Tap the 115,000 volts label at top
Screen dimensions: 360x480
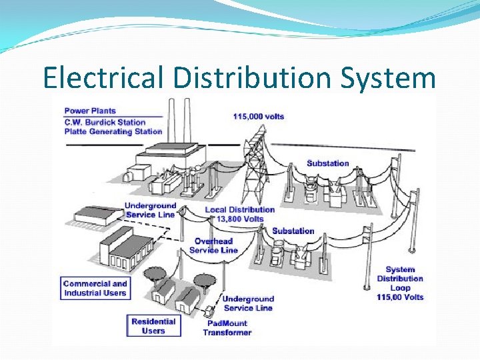click(x=259, y=117)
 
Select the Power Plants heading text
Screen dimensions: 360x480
click(x=90, y=111)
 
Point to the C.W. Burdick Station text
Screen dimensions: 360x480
click(x=105, y=122)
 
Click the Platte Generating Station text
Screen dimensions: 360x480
click(x=113, y=131)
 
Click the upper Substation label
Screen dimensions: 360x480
click(x=327, y=163)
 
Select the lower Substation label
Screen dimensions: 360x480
click(x=293, y=231)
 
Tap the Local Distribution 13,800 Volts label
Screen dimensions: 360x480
click(x=239, y=214)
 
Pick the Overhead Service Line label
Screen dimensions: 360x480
click(x=213, y=245)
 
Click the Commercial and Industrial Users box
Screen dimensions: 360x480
click(x=95, y=288)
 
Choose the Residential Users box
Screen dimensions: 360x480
click(x=153, y=326)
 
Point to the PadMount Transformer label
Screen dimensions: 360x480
click(x=227, y=327)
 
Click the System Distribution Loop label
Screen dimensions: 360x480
click(x=400, y=283)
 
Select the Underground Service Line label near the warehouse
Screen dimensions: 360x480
click(x=150, y=210)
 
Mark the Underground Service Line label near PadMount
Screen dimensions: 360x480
click(x=248, y=303)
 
